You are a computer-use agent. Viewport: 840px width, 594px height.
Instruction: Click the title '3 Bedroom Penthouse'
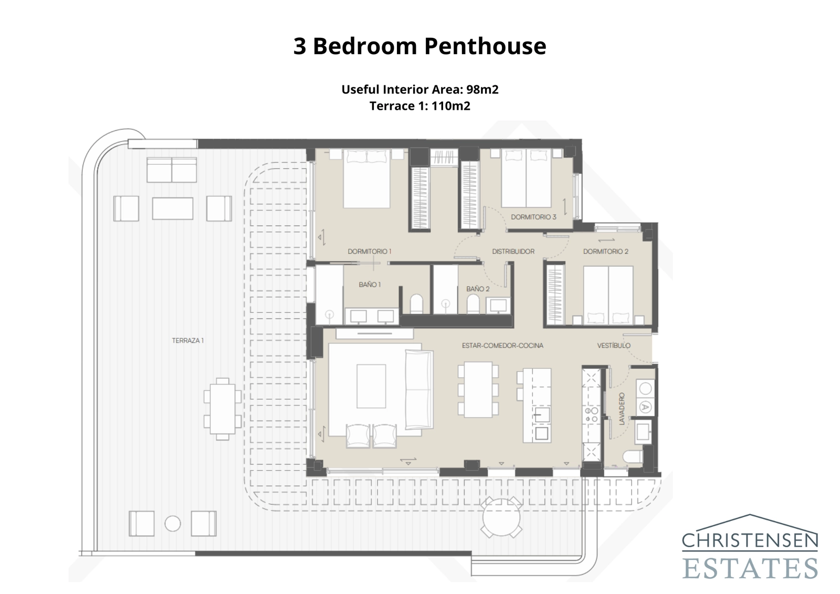click(x=419, y=46)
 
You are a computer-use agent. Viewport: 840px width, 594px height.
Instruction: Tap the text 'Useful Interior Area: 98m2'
click(x=419, y=89)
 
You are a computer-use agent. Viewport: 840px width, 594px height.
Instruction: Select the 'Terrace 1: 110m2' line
click(x=419, y=106)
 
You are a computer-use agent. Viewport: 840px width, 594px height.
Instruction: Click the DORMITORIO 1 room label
click(x=370, y=252)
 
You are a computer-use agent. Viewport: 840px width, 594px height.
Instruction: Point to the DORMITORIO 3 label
click(x=533, y=217)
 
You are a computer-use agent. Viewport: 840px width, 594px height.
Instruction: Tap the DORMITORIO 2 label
click(x=605, y=252)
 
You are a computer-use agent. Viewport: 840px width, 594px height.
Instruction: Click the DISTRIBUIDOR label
click(x=513, y=252)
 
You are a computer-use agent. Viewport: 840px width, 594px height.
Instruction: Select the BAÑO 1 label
click(x=370, y=285)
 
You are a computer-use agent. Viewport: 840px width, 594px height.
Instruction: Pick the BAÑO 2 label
click(x=478, y=289)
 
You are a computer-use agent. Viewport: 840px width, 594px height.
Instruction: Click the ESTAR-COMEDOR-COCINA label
click(x=502, y=346)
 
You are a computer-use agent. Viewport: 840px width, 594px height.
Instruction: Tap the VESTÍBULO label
click(x=614, y=346)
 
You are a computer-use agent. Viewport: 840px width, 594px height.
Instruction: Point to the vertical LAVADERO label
click(x=622, y=409)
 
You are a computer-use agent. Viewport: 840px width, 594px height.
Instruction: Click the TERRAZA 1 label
click(x=187, y=340)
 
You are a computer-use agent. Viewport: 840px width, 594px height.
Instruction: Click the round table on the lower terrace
click(x=501, y=517)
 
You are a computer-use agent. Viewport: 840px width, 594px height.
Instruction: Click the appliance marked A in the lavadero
click(x=645, y=407)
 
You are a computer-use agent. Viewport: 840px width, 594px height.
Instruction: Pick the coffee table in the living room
click(x=371, y=386)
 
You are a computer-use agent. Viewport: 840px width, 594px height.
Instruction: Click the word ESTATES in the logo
click(x=750, y=568)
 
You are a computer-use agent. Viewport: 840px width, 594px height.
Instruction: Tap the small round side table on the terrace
click(x=173, y=524)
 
